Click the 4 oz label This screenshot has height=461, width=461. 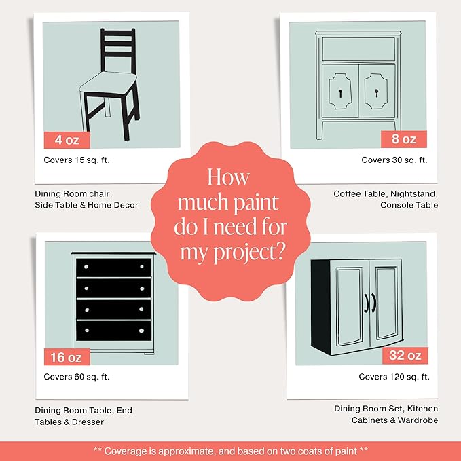tap(67, 140)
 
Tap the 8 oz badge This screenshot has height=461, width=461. tap(404, 139)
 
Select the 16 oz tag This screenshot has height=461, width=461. tap(67, 357)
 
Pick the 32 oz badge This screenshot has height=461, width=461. tap(405, 355)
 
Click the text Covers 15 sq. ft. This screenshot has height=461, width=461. tap(77, 160)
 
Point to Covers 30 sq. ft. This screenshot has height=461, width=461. tap(394, 160)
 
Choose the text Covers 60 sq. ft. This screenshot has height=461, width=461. tap(77, 377)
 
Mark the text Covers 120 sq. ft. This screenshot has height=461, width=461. tap(394, 377)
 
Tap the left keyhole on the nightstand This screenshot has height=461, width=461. tap(340, 94)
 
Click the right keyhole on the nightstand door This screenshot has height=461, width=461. tap(377, 93)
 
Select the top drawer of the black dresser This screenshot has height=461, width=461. tap(114, 268)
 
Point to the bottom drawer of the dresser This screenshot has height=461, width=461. tap(114, 331)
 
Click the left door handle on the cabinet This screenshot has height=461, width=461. tap(367, 303)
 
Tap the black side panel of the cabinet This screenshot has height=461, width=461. tap(320, 307)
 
